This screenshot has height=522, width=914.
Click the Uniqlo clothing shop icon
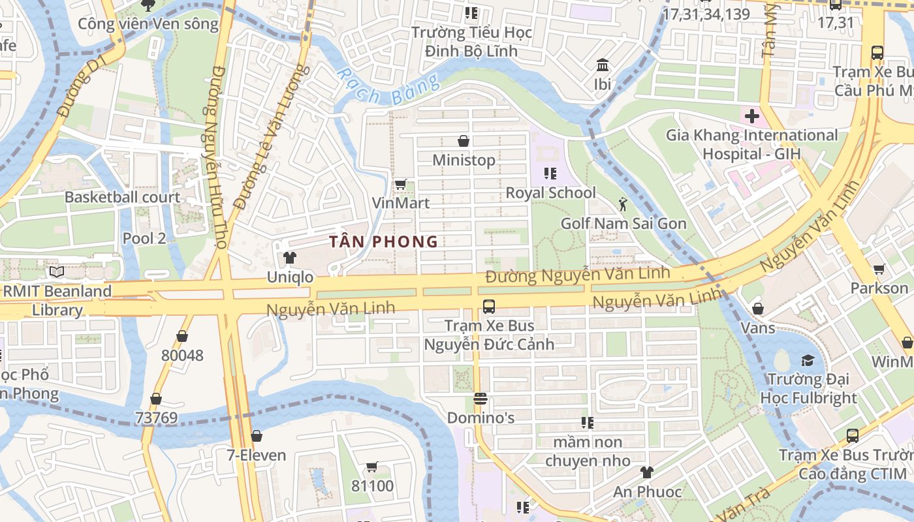coord(290,258)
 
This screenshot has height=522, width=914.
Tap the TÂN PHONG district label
coord(383,242)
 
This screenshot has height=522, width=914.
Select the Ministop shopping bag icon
coord(464,141)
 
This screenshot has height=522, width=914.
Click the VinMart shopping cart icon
coord(400,184)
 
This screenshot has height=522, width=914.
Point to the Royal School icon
coord(550,174)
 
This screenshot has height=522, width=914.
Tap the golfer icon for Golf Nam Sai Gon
coord(622,204)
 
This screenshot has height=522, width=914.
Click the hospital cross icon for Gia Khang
coord(752,117)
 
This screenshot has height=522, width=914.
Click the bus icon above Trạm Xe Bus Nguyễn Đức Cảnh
coord(488,306)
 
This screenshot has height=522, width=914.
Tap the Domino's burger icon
coord(481,398)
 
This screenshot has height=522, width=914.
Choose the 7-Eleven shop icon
coord(257,436)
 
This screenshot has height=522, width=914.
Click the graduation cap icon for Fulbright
coord(808,360)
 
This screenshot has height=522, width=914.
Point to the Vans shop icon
coord(758,309)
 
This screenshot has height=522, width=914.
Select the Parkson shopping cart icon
coord(879,269)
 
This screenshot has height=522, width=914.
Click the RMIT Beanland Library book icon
coord(56,271)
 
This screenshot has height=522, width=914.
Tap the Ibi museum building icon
coord(602,65)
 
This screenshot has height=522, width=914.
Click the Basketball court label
coord(122,197)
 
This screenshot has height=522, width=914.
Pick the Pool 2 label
coord(144,238)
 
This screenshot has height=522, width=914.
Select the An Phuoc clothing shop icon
coord(646,472)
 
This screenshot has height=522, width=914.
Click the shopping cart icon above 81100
coord(372,467)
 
